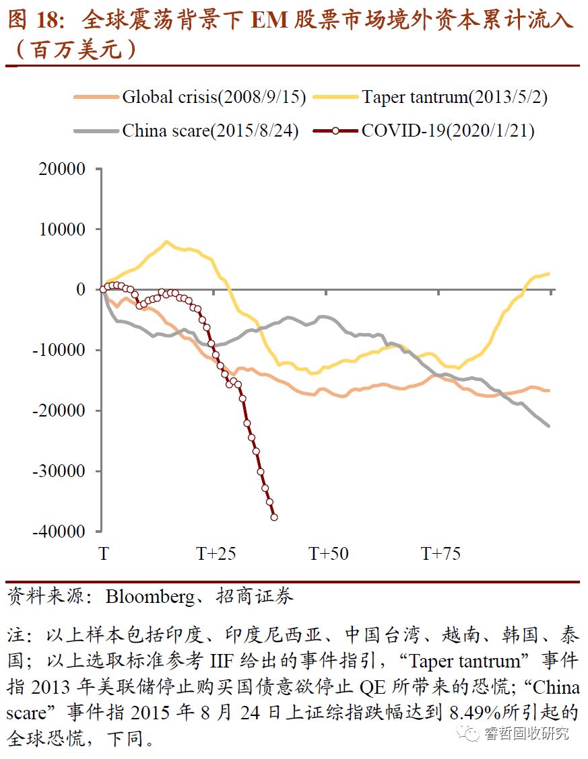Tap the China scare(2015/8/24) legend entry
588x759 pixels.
click(x=209, y=130)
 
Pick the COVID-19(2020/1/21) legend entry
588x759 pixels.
click(x=448, y=130)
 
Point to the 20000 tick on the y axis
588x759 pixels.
click(x=61, y=170)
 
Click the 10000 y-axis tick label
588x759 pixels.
click(x=61, y=229)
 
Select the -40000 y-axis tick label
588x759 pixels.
click(x=59, y=531)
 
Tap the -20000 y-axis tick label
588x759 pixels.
click(x=59, y=410)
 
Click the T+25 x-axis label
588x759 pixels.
click(x=216, y=554)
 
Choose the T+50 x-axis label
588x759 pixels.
click(x=329, y=554)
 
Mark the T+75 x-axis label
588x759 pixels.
click(x=441, y=554)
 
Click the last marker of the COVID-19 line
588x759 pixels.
click(x=274, y=517)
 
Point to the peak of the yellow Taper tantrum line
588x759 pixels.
click(x=166, y=242)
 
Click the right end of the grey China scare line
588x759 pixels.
click(x=548, y=425)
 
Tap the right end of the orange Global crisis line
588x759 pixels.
click(x=548, y=390)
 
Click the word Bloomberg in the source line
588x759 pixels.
click(x=146, y=596)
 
